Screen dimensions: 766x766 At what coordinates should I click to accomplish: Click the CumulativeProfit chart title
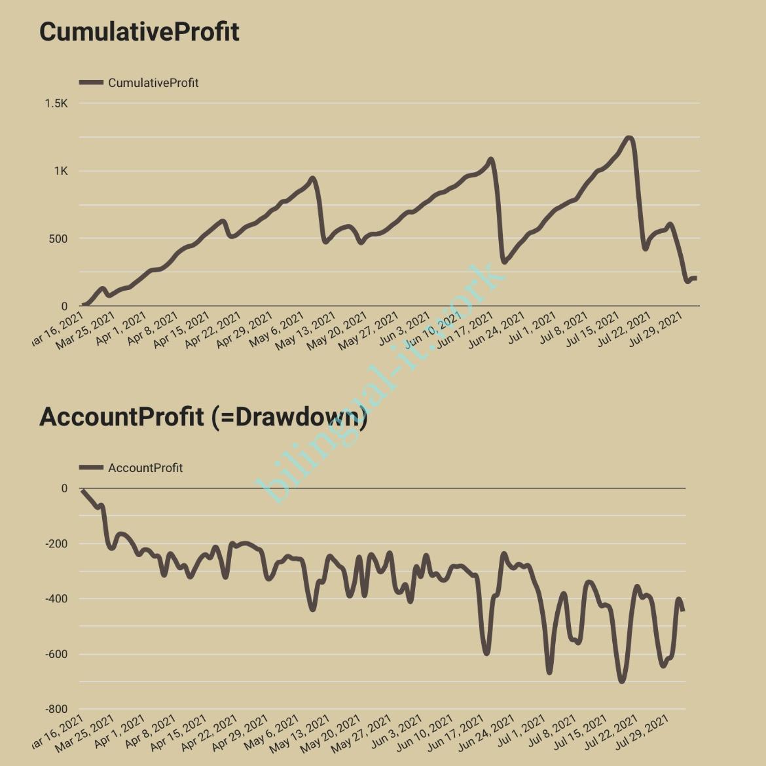[x=139, y=32]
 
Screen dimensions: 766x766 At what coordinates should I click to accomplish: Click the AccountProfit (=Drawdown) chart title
[x=203, y=416]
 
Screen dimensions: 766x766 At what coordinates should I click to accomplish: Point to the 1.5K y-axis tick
[x=56, y=103]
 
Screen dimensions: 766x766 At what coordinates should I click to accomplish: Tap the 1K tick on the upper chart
[x=61, y=172]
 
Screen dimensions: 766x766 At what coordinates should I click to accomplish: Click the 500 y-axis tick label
[x=58, y=239]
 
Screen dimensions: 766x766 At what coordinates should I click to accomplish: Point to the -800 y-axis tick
[x=56, y=710]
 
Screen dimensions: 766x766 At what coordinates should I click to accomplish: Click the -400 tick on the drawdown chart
[x=56, y=599]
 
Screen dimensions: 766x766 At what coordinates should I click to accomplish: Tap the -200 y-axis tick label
[x=56, y=544]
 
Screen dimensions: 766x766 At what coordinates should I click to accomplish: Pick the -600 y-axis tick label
[x=56, y=655]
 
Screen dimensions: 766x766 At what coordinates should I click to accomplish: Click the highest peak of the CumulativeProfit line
[x=629, y=138]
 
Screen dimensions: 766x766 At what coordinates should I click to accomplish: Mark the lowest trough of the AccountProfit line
[x=621, y=682]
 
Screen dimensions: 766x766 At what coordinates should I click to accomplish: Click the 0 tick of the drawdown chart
[x=64, y=488]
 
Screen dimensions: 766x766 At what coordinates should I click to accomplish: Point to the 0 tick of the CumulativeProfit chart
[x=64, y=306]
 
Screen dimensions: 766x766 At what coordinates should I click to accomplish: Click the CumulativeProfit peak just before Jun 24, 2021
[x=490, y=159]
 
